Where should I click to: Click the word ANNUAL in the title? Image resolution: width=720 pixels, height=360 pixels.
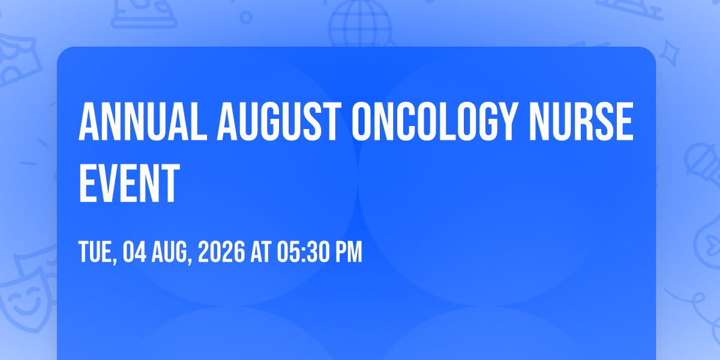point(143,122)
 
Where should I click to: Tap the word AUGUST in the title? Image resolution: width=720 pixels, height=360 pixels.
point(279,122)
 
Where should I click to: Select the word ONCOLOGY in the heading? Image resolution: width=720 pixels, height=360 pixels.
point(434,122)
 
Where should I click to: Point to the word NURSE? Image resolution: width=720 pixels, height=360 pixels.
point(581,122)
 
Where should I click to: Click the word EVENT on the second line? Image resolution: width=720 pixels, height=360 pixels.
point(129,183)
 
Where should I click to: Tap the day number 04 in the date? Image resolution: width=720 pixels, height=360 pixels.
point(134,251)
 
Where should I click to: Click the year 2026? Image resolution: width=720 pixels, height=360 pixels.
point(221,251)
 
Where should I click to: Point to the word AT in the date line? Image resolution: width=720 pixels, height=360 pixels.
point(261,251)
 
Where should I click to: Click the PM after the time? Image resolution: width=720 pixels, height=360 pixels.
point(349,251)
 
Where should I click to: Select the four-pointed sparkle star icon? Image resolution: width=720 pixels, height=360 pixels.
point(669,53)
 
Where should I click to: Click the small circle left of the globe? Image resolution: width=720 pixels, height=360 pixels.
point(246,17)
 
